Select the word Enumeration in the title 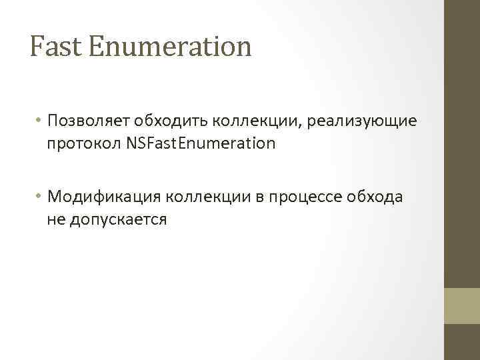(x=170, y=47)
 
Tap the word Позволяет (x=87, y=121)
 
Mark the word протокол (x=83, y=143)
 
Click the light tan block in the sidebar (x=462, y=306)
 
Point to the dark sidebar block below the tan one (x=462, y=342)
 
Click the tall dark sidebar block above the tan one (x=462, y=143)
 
